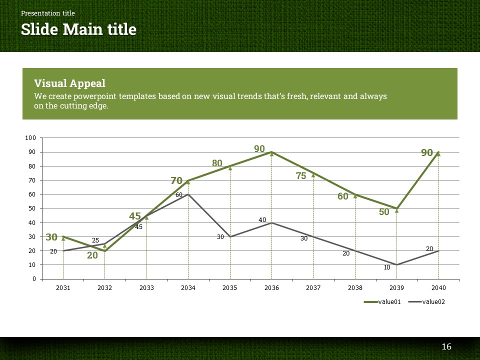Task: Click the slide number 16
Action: click(446, 347)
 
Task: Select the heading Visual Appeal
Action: click(69, 83)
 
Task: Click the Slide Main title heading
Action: click(78, 29)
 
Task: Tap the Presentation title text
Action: click(48, 13)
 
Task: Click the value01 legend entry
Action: click(382, 301)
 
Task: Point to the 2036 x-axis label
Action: click(271, 288)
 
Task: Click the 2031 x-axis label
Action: click(63, 288)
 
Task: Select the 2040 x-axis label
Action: click(438, 288)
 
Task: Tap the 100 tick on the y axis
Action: click(31, 138)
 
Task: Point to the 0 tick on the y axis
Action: click(34, 279)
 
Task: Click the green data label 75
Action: click(301, 175)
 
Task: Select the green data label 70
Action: click(176, 181)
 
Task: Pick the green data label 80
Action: click(217, 163)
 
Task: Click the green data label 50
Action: click(384, 212)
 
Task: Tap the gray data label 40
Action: click(262, 220)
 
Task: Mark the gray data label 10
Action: click(387, 267)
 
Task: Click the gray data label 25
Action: click(95, 240)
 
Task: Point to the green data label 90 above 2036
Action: click(259, 148)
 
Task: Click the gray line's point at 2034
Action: click(188, 194)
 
